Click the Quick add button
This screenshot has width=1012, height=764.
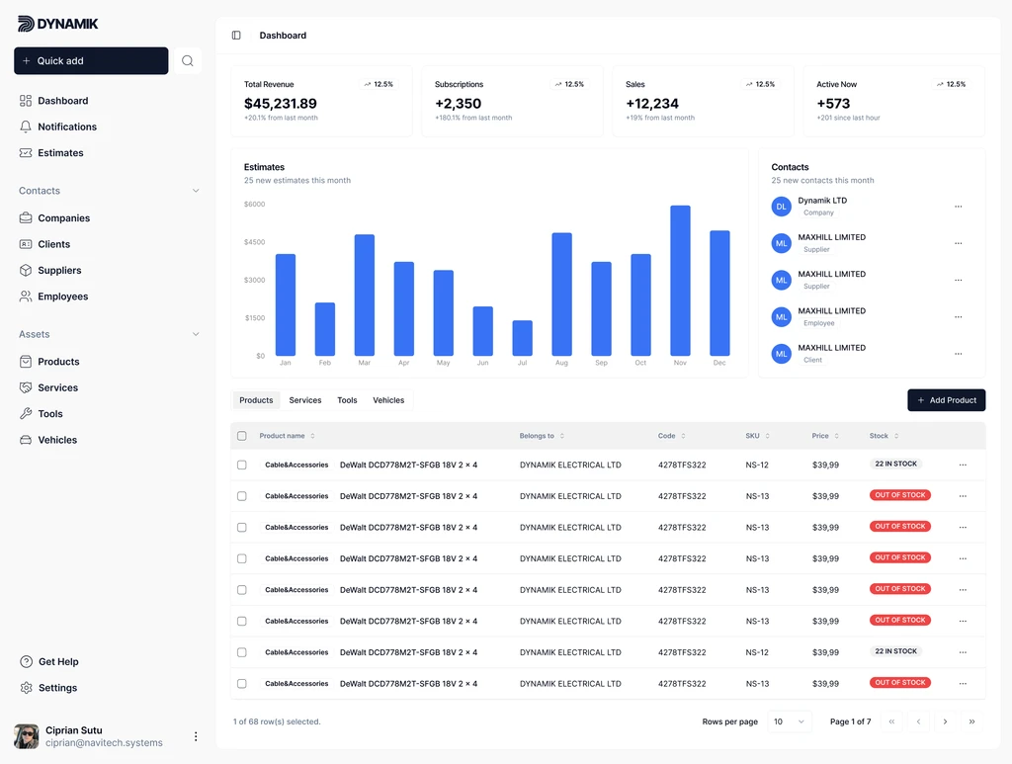91,61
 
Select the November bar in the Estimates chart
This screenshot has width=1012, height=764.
680,281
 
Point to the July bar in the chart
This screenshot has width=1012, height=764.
522,338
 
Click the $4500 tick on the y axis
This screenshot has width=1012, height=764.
254,242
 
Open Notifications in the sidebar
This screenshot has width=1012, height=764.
67,127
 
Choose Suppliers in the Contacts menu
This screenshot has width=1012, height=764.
59,271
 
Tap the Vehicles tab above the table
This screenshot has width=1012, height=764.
388,400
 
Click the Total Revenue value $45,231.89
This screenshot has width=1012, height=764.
281,104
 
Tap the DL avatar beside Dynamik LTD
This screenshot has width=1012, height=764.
782,207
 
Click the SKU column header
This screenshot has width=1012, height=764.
757,436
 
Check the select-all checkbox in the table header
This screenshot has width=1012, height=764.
242,436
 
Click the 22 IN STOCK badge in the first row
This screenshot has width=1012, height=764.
895,464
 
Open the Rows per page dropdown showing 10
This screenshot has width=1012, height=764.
789,722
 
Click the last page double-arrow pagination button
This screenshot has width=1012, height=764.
971,722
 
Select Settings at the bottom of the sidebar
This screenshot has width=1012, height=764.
57,688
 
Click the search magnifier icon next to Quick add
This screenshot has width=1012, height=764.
187,61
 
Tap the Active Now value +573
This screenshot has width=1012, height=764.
833,104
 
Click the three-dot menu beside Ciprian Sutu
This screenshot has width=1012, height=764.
196,736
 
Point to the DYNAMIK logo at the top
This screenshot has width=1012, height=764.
58,24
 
